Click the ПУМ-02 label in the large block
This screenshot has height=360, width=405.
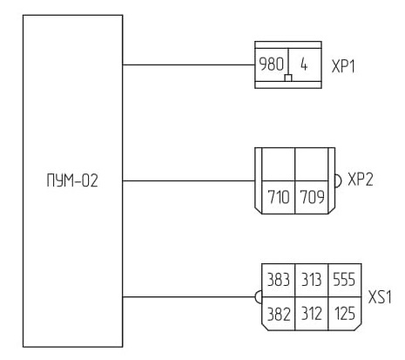pyautogui.click(x=72, y=180)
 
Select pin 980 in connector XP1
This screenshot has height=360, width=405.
pyautogui.click(x=271, y=65)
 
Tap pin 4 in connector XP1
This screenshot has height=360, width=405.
pyautogui.click(x=304, y=65)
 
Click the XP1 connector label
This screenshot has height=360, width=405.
pyautogui.click(x=343, y=66)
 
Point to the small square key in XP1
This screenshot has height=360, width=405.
pyautogui.click(x=288, y=78)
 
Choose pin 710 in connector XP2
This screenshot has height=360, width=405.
pyautogui.click(x=279, y=197)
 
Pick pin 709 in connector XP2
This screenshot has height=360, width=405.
pyautogui.click(x=312, y=197)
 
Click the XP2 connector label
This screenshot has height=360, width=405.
pyautogui.click(x=361, y=179)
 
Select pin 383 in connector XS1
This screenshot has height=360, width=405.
pyautogui.click(x=278, y=280)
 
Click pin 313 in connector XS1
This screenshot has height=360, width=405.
pyautogui.click(x=311, y=280)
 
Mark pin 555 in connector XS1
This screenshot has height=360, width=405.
pyautogui.click(x=344, y=280)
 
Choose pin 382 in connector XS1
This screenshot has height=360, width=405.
pyautogui.click(x=279, y=314)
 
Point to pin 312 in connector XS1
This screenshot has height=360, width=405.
pyautogui.click(x=312, y=314)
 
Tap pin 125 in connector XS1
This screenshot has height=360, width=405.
pyautogui.click(x=345, y=314)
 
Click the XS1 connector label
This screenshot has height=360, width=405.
pyautogui.click(x=380, y=297)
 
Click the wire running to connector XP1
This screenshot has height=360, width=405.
pyautogui.click(x=189, y=65)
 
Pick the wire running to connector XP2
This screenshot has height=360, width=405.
pyautogui.click(x=189, y=180)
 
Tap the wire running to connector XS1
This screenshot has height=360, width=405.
pyautogui.click(x=189, y=297)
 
